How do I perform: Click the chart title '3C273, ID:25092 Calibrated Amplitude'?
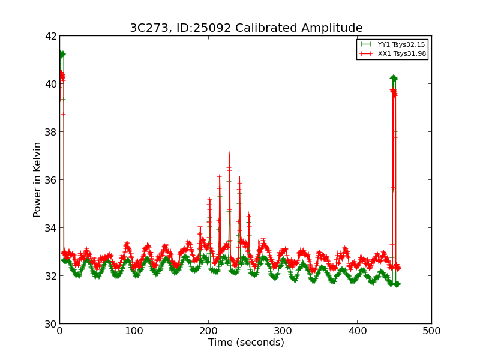(246, 28)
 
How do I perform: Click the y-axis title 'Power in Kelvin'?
(37, 179)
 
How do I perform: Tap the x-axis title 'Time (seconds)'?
(246, 343)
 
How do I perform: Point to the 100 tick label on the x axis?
(134, 331)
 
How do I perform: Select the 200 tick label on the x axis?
(208, 331)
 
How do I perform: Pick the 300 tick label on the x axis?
(283, 331)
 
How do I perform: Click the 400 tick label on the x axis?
(357, 331)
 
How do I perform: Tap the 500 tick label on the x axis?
(431, 331)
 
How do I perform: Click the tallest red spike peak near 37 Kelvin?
(229, 154)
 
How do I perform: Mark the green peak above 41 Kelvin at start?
(61, 54)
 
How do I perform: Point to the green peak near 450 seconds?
(394, 78)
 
